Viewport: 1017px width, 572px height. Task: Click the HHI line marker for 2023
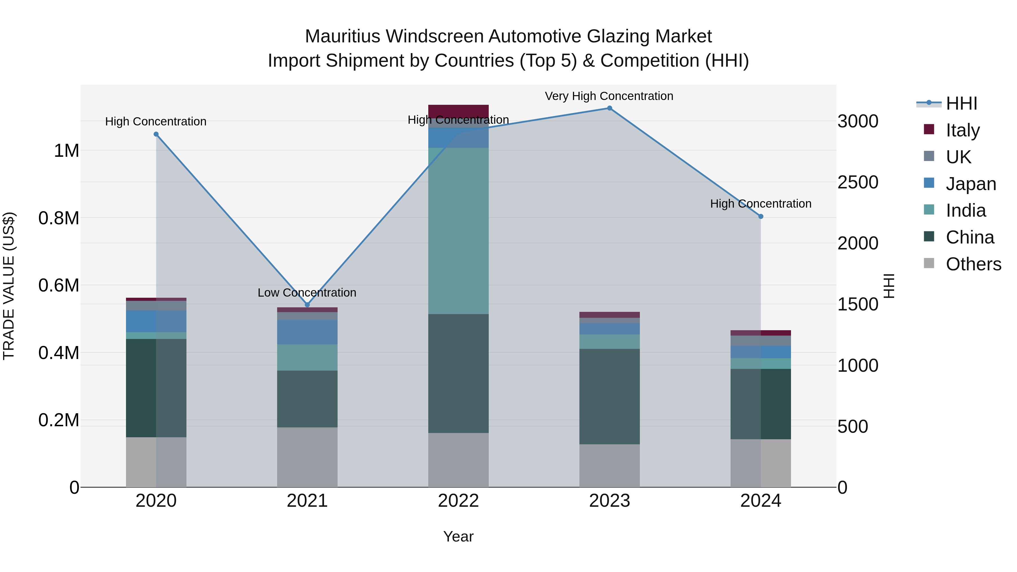pyautogui.click(x=609, y=108)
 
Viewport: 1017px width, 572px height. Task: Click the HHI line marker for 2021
pyautogui.click(x=307, y=305)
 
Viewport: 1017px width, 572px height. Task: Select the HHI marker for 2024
pyautogui.click(x=761, y=216)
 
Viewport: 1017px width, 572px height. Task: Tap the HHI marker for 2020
pyautogui.click(x=156, y=134)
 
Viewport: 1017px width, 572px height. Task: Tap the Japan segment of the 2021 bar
pyautogui.click(x=307, y=332)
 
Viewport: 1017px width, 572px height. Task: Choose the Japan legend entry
pyautogui.click(x=971, y=184)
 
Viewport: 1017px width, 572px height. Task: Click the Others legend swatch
pyautogui.click(x=929, y=263)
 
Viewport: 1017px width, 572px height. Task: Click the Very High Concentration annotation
pyautogui.click(x=609, y=96)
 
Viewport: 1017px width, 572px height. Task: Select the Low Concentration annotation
pyautogui.click(x=307, y=293)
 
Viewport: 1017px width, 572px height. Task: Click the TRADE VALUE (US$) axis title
pyautogui.click(x=9, y=286)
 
